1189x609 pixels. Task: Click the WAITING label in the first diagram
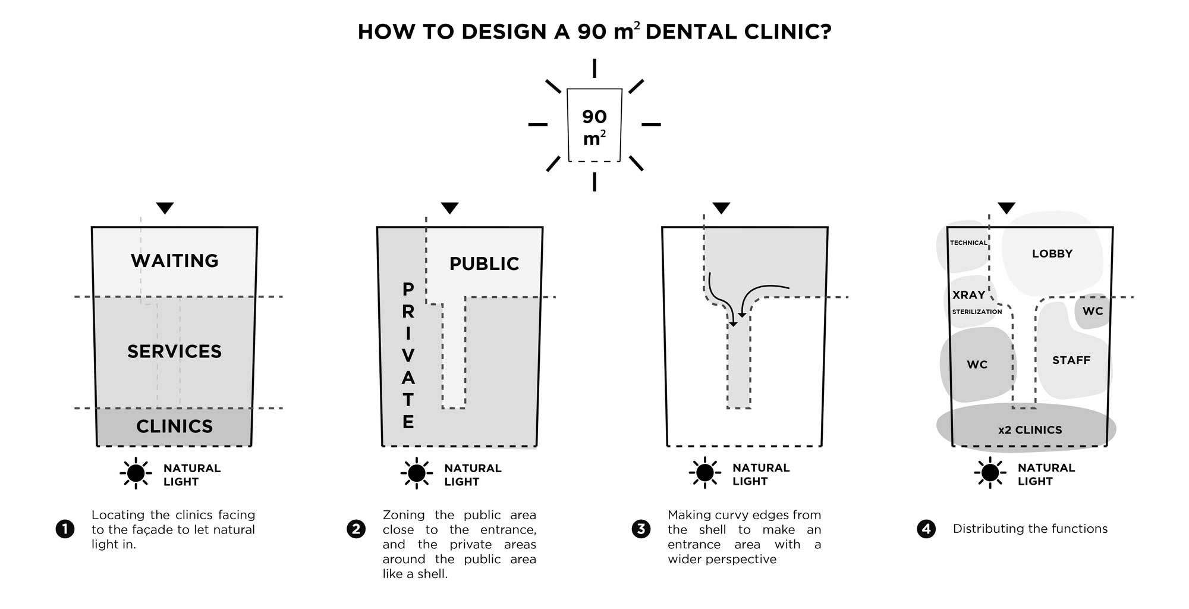pyautogui.click(x=175, y=261)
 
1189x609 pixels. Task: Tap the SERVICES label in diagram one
pyautogui.click(x=174, y=351)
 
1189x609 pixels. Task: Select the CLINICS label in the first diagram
pyautogui.click(x=174, y=426)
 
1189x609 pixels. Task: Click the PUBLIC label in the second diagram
pyautogui.click(x=484, y=263)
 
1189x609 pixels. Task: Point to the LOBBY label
pyautogui.click(x=1052, y=253)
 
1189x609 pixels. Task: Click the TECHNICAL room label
pyautogui.click(x=968, y=243)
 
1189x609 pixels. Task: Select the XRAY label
pyautogui.click(x=969, y=295)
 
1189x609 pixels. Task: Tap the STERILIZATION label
pyautogui.click(x=977, y=312)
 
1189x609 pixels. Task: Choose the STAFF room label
pyautogui.click(x=1071, y=360)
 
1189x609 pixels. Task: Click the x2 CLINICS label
pyautogui.click(x=1030, y=430)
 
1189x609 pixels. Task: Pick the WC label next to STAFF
pyautogui.click(x=1093, y=311)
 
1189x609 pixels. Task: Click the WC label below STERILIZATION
pyautogui.click(x=977, y=365)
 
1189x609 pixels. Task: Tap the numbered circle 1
pyautogui.click(x=65, y=529)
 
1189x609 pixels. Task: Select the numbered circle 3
pyautogui.click(x=641, y=529)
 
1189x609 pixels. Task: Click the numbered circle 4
pyautogui.click(x=926, y=529)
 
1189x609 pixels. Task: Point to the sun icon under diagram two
pyautogui.click(x=417, y=473)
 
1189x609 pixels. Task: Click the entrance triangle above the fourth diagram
pyautogui.click(x=1006, y=208)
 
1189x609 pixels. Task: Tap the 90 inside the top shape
pyautogui.click(x=594, y=117)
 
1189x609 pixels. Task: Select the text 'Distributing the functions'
pyautogui.click(x=1030, y=529)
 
